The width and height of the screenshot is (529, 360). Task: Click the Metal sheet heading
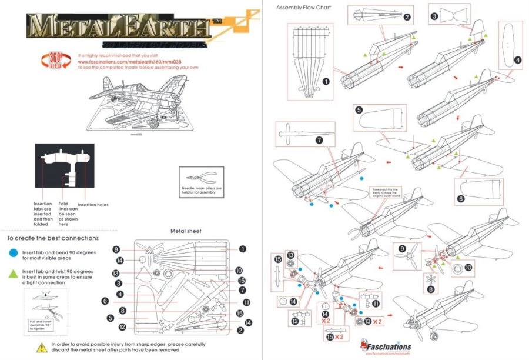(186, 231)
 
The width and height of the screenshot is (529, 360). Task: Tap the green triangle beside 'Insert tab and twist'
(14, 275)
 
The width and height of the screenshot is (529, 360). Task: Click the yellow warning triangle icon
(42, 348)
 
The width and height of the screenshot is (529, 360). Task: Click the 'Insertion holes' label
(93, 205)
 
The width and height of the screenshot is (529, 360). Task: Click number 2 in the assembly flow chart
(406, 16)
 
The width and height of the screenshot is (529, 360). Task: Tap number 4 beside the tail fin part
(517, 59)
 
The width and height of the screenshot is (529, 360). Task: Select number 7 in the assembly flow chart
(319, 141)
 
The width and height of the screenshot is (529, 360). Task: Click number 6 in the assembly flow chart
(461, 199)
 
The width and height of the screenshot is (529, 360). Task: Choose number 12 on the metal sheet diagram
(122, 327)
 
